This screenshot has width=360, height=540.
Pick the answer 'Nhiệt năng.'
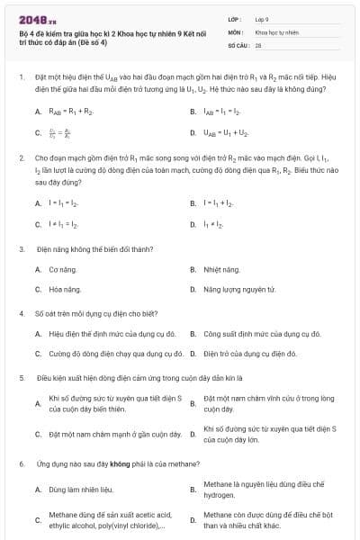221,269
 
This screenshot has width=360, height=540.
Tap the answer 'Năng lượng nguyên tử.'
238,289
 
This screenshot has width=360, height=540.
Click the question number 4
21,313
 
